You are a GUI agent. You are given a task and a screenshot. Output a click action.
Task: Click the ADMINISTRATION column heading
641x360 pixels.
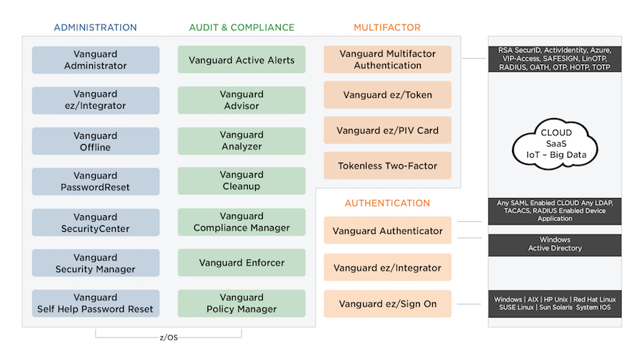tap(95, 27)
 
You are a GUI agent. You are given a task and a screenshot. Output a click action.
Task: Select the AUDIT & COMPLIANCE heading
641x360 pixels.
tap(241, 27)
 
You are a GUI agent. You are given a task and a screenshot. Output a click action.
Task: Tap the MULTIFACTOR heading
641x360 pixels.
tap(387, 27)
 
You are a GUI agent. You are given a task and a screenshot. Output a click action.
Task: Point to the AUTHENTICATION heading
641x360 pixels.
tap(387, 203)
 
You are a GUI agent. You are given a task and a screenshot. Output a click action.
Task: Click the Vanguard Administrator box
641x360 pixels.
tap(95, 60)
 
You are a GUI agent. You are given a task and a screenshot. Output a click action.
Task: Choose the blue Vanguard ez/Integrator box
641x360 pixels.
tap(95, 100)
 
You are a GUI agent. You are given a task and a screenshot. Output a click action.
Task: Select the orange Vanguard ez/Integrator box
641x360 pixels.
tap(387, 268)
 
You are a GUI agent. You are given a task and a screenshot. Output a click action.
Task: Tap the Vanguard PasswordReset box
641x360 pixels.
tap(95, 181)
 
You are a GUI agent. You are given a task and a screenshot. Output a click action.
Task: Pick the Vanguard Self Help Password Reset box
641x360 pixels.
tap(95, 303)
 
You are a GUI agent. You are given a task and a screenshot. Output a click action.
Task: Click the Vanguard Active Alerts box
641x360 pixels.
tap(241, 60)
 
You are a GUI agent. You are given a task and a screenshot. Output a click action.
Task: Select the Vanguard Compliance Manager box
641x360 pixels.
tap(241, 222)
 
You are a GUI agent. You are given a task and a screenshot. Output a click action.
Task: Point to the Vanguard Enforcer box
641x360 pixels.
tap(241, 263)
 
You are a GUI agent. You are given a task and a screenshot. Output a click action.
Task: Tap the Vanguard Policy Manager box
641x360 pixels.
tap(241, 303)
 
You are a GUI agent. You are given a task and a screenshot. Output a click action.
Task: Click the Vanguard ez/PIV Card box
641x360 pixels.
tap(387, 131)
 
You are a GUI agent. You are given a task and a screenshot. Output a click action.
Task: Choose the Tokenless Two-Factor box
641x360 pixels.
tap(387, 166)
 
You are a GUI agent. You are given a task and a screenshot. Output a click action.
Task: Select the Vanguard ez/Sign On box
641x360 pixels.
tap(387, 304)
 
